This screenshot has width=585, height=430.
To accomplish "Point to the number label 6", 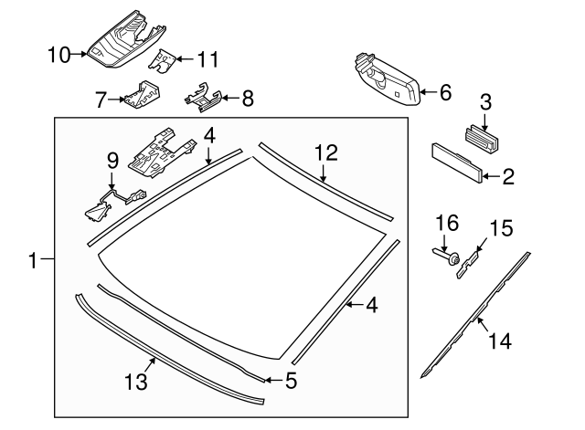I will point(445,92).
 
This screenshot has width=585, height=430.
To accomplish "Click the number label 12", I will point(326,152).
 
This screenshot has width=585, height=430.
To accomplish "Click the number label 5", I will point(290,379).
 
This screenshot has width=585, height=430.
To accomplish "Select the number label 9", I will point(112,160).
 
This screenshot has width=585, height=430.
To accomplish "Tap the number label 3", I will point(486,102).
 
